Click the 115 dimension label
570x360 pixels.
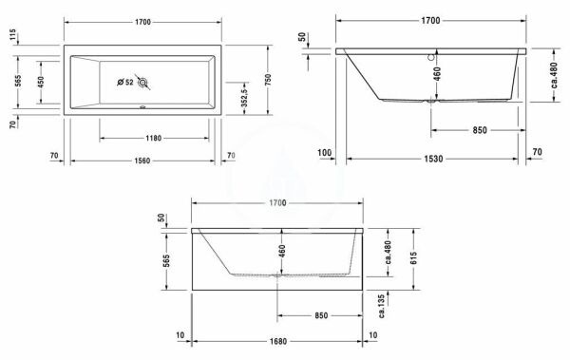13,35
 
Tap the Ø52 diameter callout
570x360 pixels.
123,83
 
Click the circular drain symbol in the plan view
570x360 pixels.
143,84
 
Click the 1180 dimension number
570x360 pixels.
146,139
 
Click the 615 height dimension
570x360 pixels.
415,258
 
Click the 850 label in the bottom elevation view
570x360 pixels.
319,316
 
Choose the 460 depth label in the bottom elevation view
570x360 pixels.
282,252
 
